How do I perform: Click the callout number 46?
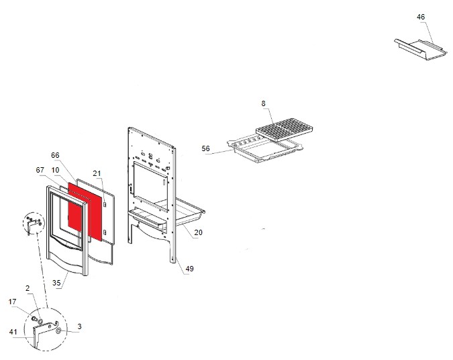pyautogui.click(x=421, y=16)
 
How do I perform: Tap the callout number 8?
pyautogui.click(x=264, y=103)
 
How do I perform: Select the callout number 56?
pyautogui.click(x=205, y=149)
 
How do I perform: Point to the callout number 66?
pyautogui.click(x=56, y=155)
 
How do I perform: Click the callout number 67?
pyautogui.click(x=40, y=171)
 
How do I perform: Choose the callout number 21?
pyautogui.click(x=97, y=174)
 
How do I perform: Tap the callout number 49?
pyautogui.click(x=189, y=269)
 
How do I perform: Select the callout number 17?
pyautogui.click(x=12, y=302)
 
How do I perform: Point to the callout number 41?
pyautogui.click(x=13, y=331)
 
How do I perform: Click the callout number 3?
pyautogui.click(x=79, y=327)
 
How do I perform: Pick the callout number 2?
pyautogui.click(x=28, y=288)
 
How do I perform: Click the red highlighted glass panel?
pyautogui.click(x=85, y=211)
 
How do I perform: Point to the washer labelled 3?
pyautogui.click(x=59, y=331)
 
